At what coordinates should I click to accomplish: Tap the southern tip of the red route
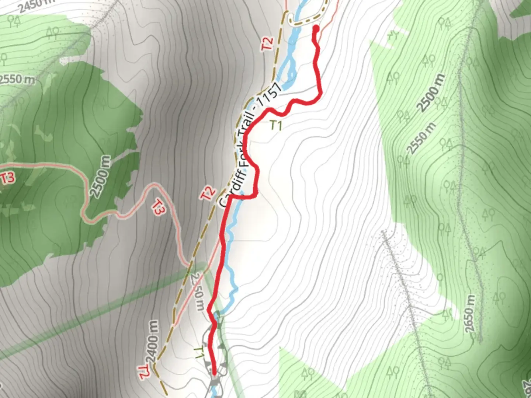click(214, 375)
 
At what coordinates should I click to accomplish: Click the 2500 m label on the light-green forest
click(431, 93)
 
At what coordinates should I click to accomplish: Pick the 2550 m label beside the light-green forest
click(421, 138)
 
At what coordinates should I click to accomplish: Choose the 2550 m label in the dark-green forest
click(17, 79)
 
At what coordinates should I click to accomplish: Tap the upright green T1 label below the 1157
click(275, 125)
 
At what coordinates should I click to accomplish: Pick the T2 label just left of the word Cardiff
click(208, 193)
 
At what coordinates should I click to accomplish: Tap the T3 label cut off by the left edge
click(7, 178)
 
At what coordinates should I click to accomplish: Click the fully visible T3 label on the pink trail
click(158, 209)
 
